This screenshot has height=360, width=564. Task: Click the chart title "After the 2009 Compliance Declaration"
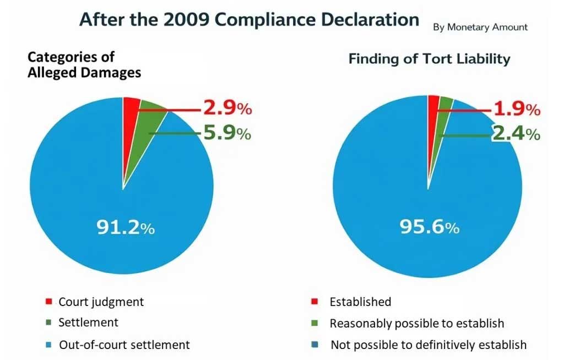[x=249, y=19]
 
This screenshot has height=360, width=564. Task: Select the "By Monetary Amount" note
[x=480, y=27]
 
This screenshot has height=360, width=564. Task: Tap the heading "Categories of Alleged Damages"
[x=84, y=64]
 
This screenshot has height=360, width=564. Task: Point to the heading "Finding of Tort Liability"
[x=429, y=59]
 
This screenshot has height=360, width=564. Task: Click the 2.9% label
[x=227, y=108]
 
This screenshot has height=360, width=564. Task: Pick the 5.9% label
[x=227, y=133]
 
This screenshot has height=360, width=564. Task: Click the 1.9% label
[x=516, y=110]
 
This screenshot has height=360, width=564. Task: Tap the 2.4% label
[x=516, y=134]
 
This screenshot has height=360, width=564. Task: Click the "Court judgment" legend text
[x=101, y=302]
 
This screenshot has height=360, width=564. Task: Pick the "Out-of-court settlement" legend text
[x=124, y=345]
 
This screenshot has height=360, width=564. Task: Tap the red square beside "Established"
[x=314, y=302]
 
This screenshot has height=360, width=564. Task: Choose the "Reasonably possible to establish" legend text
[x=417, y=323]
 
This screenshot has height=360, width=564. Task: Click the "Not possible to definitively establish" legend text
[x=429, y=345]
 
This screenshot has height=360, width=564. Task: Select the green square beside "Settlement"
[x=48, y=323]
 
